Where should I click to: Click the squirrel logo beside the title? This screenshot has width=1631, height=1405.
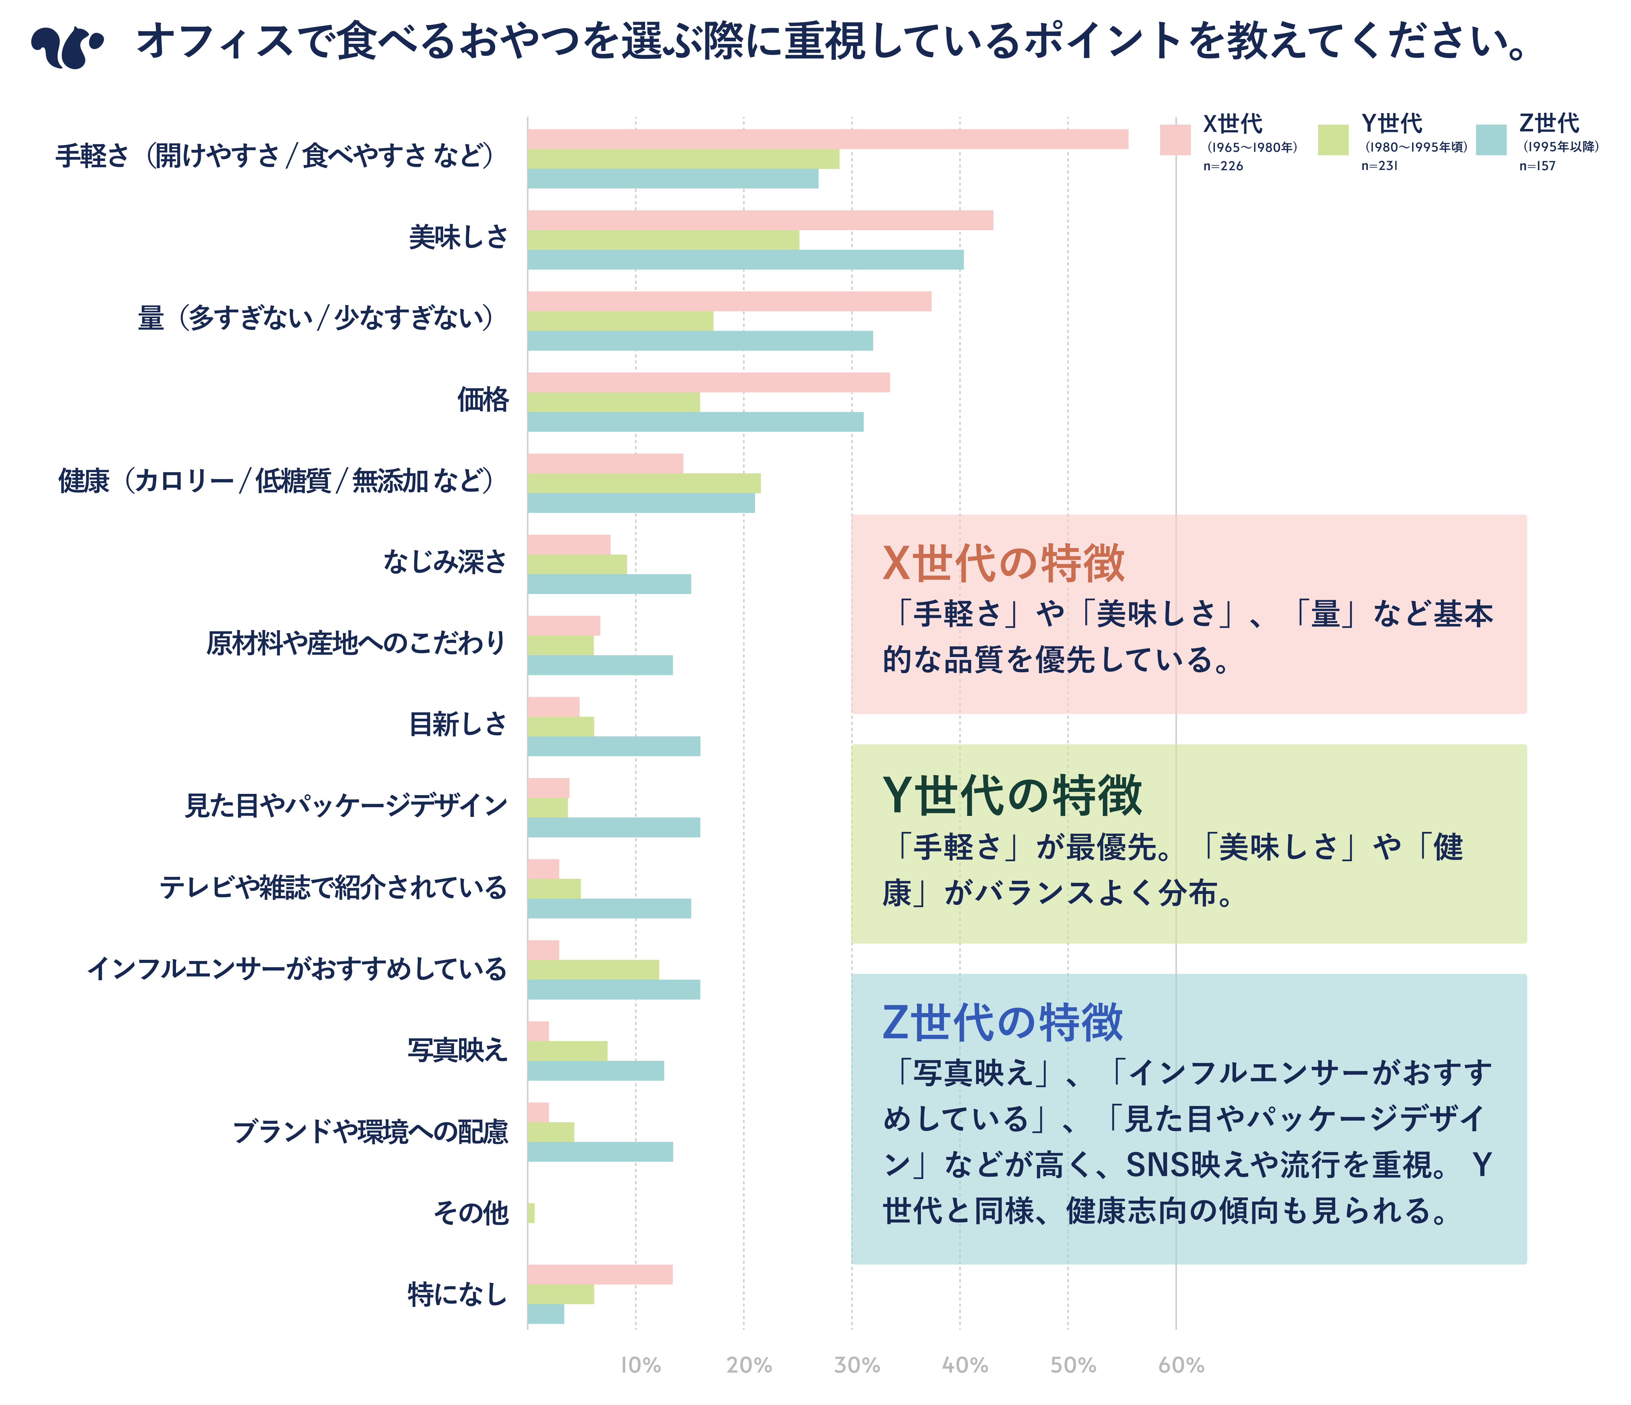[67, 47]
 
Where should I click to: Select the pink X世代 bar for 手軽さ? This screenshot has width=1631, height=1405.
[826, 139]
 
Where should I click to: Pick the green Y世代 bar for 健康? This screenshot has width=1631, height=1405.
[644, 483]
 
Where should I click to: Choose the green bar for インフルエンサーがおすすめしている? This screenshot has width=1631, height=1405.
[593, 970]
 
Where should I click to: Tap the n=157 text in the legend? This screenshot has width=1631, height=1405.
[1536, 166]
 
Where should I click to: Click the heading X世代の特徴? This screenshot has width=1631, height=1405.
[1004, 564]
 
